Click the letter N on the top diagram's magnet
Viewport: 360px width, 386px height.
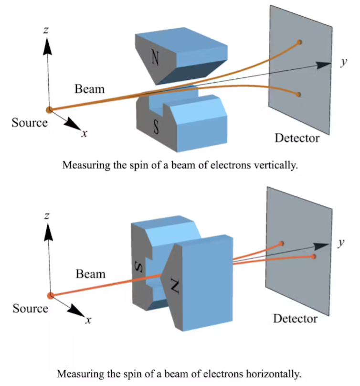click(x=155, y=57)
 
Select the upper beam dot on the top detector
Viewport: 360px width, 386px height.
click(x=299, y=43)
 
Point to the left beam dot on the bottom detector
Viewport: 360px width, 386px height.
click(x=282, y=244)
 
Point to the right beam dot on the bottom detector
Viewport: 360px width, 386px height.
click(x=313, y=257)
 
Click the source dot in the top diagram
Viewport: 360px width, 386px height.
click(x=49, y=110)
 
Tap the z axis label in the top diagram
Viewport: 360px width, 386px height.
click(x=45, y=30)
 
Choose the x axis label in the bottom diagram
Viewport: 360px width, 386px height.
click(x=87, y=320)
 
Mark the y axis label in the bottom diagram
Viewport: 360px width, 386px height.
click(x=341, y=243)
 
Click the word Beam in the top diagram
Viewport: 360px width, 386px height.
click(x=89, y=89)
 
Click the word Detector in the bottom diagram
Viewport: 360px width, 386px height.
click(x=295, y=318)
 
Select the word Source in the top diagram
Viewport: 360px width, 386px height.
click(x=30, y=123)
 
